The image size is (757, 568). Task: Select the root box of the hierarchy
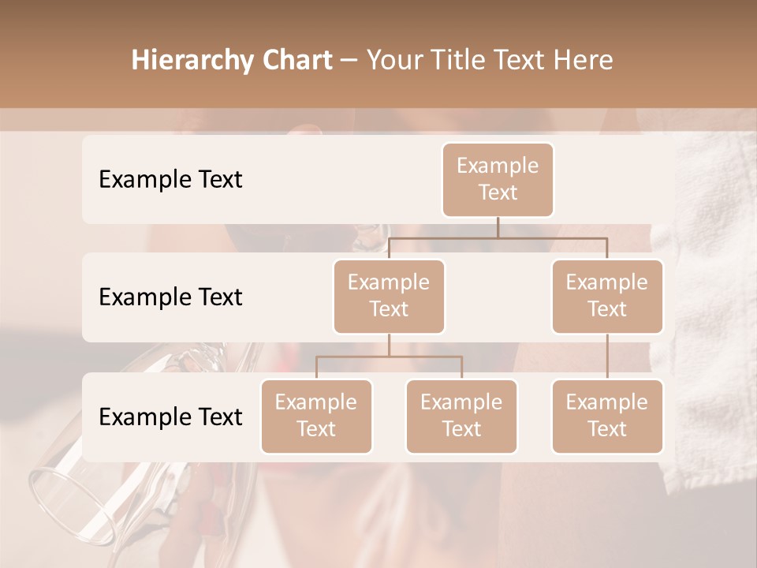(498, 179)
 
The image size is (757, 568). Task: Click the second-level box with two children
(389, 296)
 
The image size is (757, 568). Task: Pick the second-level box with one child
(607, 296)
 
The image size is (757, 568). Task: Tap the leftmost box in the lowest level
(316, 416)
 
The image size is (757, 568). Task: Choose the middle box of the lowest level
(461, 416)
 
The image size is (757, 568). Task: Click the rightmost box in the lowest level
(607, 416)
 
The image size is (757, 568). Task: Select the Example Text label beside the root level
(170, 179)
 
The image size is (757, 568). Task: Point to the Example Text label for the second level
(170, 297)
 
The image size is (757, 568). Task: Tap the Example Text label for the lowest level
(170, 417)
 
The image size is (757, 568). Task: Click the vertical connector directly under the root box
(498, 227)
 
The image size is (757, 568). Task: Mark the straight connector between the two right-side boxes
(607, 357)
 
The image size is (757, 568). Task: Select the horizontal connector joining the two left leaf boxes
(389, 357)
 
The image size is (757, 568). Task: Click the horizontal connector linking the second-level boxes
(498, 237)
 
